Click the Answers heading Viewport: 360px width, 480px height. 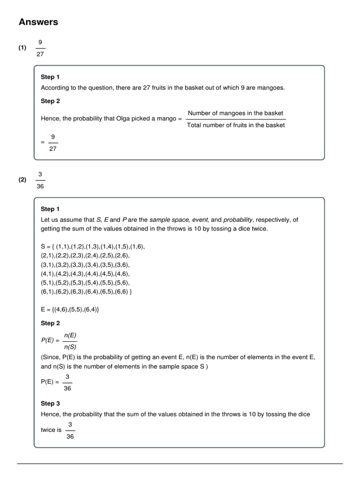pos(38,22)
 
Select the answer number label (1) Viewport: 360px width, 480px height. pos(22,48)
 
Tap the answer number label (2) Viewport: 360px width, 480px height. pos(22,180)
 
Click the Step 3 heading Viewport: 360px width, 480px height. pos(50,404)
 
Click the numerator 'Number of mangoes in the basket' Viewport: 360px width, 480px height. pos(235,113)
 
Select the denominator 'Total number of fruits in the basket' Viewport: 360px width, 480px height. pos(235,125)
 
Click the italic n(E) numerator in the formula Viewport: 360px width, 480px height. pos(69,335)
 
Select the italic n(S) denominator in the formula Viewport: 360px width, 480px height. pos(69,347)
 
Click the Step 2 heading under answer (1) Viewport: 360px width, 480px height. pos(50,101)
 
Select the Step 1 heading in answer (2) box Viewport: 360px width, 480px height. pos(50,209)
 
